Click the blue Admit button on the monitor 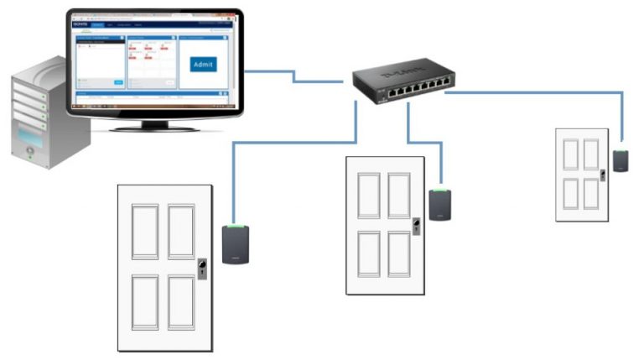[x=203, y=65]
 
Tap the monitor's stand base [x=155, y=127]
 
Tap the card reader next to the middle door [x=439, y=204]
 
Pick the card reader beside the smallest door [x=620, y=160]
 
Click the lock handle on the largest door [x=202, y=269]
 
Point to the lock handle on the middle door [x=416, y=227]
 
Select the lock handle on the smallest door [x=602, y=175]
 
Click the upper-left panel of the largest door [x=144, y=232]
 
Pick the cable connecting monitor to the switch [x=293, y=78]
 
